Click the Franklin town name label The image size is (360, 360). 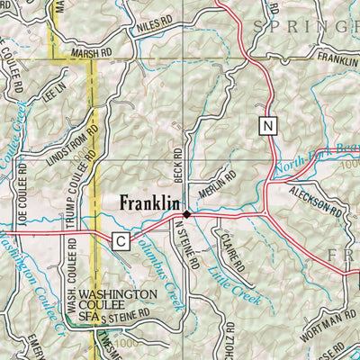tap(149, 204)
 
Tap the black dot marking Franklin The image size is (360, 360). tap(187, 215)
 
